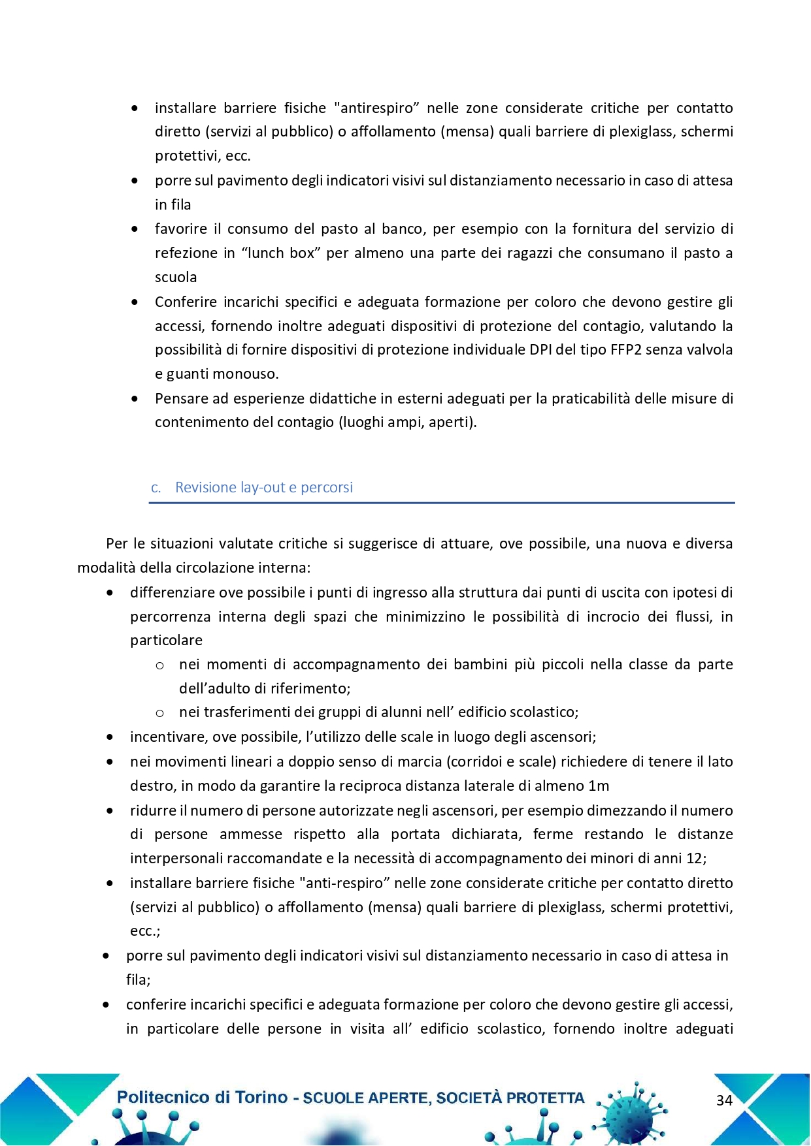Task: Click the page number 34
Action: [x=724, y=1100]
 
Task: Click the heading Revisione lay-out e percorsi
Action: [x=263, y=487]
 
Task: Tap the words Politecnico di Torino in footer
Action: [x=202, y=1098]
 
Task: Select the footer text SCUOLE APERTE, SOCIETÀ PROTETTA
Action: [x=444, y=1098]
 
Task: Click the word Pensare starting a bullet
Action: [x=181, y=398]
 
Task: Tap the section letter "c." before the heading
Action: [x=156, y=488]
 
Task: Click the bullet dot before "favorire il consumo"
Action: [x=135, y=229]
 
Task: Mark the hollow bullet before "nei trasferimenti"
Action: [x=159, y=713]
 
